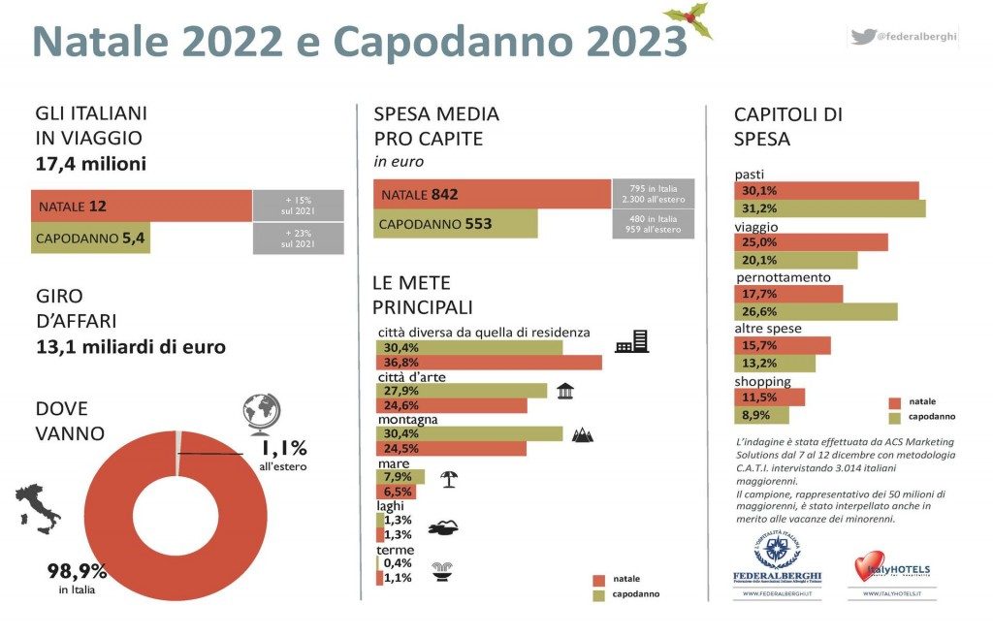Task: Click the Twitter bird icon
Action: (862, 37)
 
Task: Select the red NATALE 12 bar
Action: (142, 206)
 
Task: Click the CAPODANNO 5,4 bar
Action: (91, 238)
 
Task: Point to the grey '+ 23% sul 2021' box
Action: (298, 238)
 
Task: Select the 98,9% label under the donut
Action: (78, 570)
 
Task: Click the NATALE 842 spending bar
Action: (492, 194)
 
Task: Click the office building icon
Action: (631, 340)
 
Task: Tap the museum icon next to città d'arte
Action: (565, 391)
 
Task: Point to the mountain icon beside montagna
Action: (584, 435)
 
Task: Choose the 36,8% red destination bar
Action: (489, 363)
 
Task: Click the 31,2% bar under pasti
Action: (830, 208)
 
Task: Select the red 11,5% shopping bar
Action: (771, 397)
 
